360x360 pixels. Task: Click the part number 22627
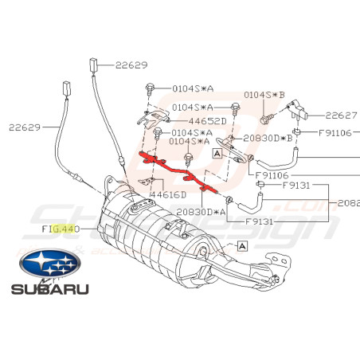click(x=342, y=114)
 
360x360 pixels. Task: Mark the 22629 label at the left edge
click(x=25, y=126)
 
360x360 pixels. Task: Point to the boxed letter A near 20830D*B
click(x=217, y=151)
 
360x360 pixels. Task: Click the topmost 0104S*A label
click(x=188, y=88)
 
